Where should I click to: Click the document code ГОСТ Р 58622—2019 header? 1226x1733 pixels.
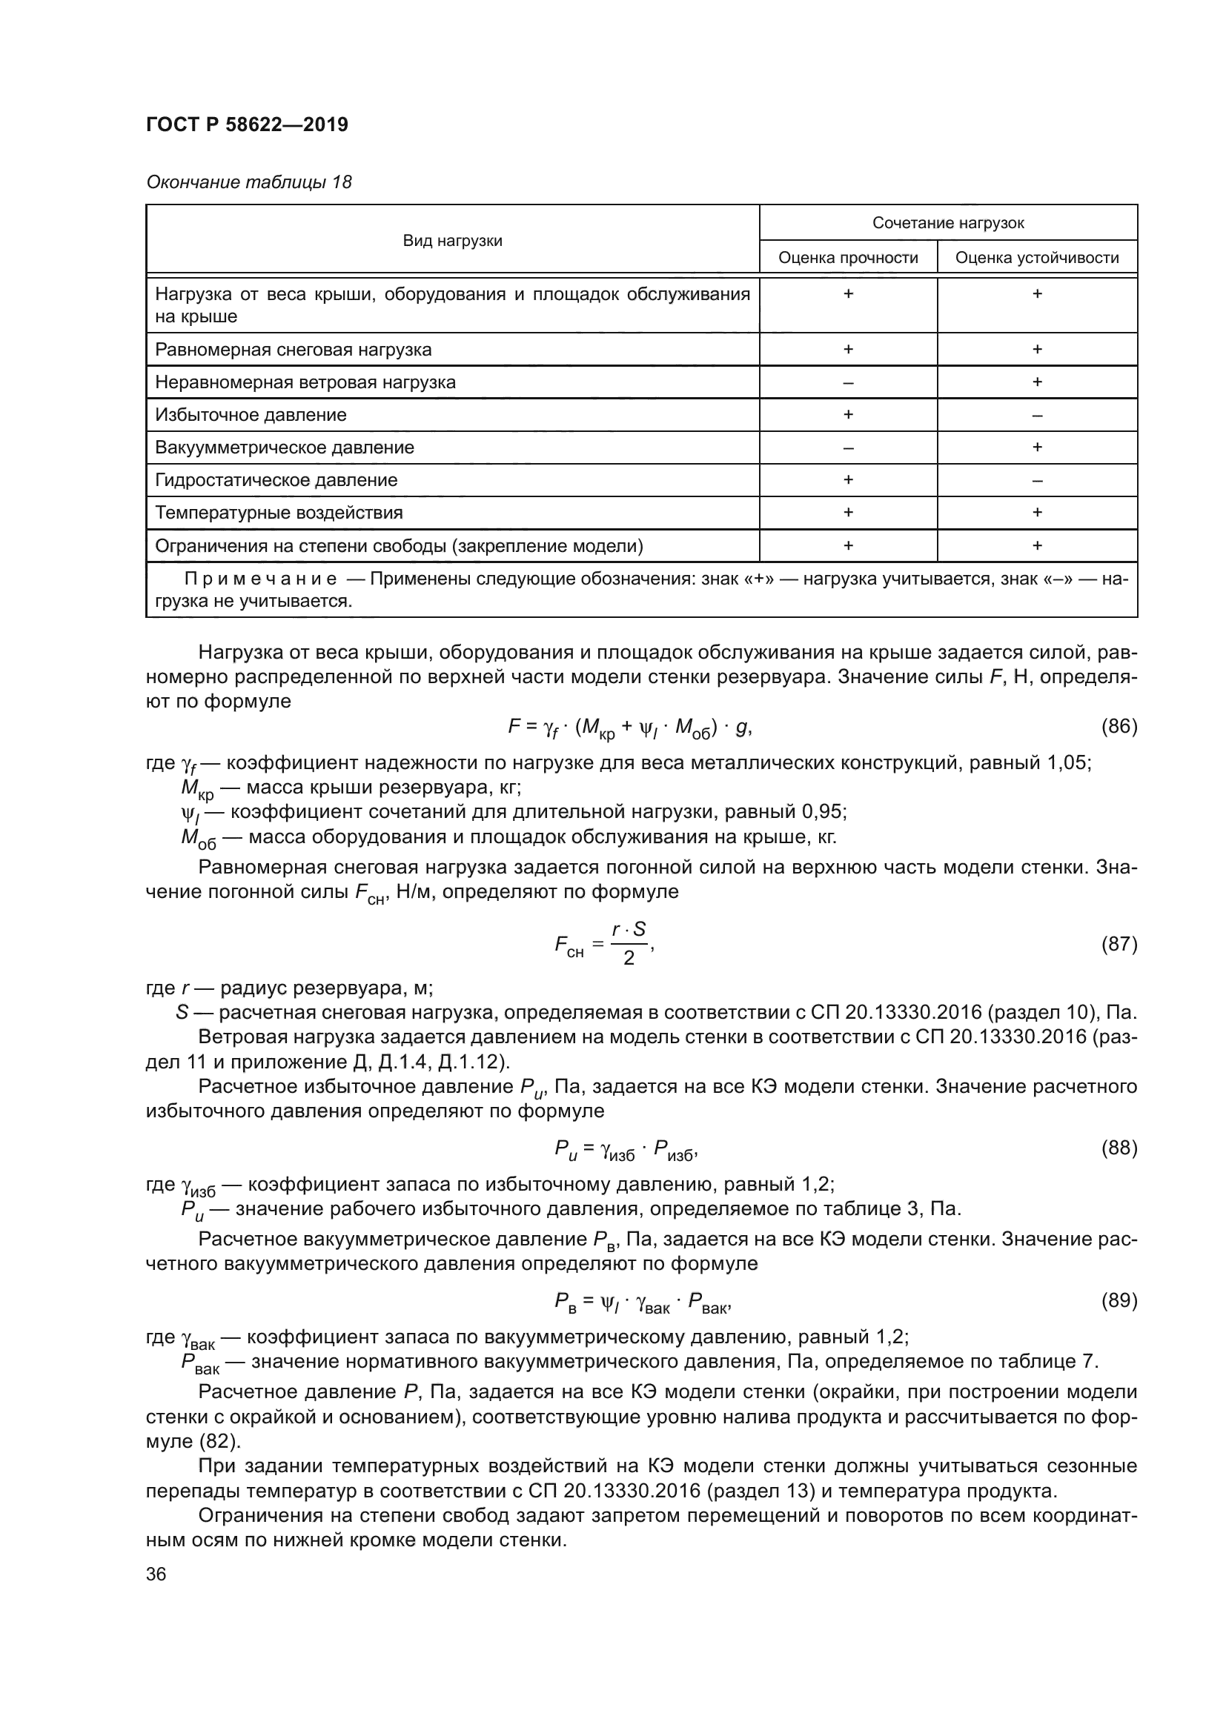pyautogui.click(x=247, y=124)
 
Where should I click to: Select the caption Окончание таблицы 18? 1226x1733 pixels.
pyautogui.click(x=248, y=182)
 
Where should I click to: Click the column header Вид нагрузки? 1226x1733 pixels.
pyautogui.click(x=452, y=241)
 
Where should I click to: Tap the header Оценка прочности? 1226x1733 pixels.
pyautogui.click(x=848, y=258)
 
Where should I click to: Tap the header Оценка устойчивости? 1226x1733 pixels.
pyautogui.click(x=1036, y=258)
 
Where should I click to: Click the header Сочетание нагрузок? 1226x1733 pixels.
pyautogui.click(x=947, y=224)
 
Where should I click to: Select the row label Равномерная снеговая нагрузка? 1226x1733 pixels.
pyautogui.click(x=293, y=350)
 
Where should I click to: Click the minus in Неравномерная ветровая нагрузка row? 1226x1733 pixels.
pyautogui.click(x=848, y=382)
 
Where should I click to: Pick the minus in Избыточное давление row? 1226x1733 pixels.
pyautogui.click(x=1036, y=415)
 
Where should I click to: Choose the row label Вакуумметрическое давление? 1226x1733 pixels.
pyautogui.click(x=285, y=448)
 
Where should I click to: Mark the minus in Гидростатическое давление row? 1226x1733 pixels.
pyautogui.click(x=1036, y=481)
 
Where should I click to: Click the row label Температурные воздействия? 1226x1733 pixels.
pyautogui.click(x=279, y=513)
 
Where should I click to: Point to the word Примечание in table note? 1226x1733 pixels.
pyautogui.click(x=260, y=579)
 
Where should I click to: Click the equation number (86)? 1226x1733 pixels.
pyautogui.click(x=1119, y=726)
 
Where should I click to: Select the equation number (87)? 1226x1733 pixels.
pyautogui.click(x=1119, y=943)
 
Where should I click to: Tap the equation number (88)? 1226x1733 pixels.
pyautogui.click(x=1119, y=1147)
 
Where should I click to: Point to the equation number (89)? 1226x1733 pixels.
pyautogui.click(x=1119, y=1300)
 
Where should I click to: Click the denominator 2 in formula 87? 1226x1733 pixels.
pyautogui.click(x=628, y=959)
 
